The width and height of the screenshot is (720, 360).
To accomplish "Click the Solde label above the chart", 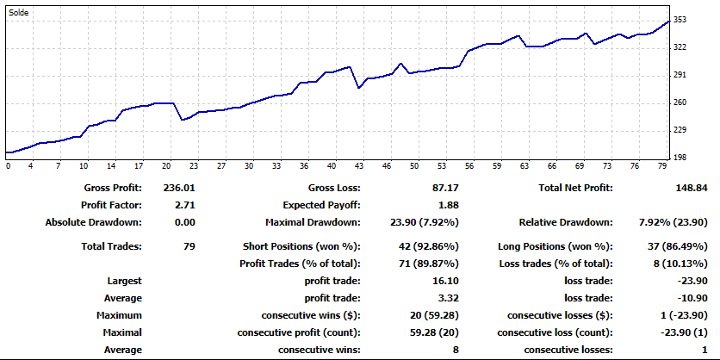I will coord(19,12).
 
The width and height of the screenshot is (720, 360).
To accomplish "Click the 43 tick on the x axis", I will coord(358,166).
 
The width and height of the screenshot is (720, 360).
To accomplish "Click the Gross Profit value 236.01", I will coord(178,188).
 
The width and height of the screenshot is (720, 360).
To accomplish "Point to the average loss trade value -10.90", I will coord(692,298).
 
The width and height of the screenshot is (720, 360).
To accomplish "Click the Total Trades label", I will coord(112,246).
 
